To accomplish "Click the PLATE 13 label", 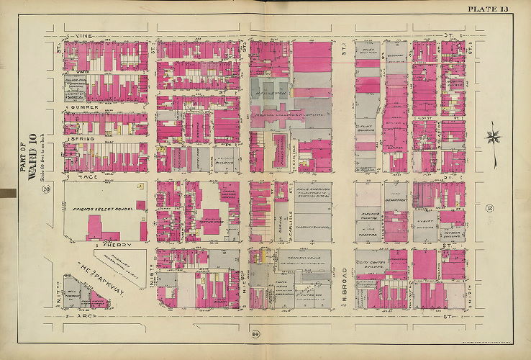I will coord(488,9).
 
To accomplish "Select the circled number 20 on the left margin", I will coord(47,189).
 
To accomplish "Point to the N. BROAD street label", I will coord(344,279).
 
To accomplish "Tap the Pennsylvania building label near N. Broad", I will coord(288,256).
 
